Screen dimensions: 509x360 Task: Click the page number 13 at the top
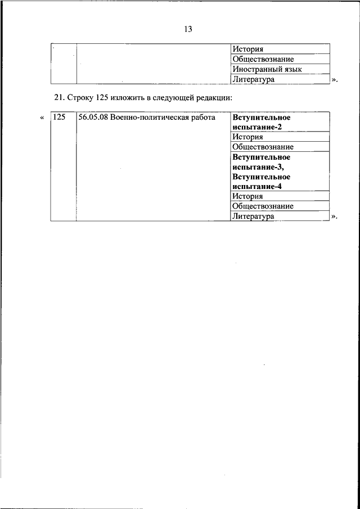(188, 29)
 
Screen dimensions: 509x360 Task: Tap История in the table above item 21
(248, 49)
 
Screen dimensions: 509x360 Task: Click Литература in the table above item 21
(253, 79)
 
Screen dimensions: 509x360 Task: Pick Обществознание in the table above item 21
(263, 59)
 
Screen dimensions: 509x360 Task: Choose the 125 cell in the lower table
(58, 118)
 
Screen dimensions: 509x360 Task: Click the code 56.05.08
(93, 118)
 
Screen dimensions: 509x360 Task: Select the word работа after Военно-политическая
(201, 118)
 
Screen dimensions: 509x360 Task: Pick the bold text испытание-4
(257, 186)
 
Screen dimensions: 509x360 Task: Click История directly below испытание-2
(248, 137)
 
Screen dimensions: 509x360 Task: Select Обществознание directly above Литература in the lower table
(263, 206)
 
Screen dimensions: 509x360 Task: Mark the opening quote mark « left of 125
(42, 118)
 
